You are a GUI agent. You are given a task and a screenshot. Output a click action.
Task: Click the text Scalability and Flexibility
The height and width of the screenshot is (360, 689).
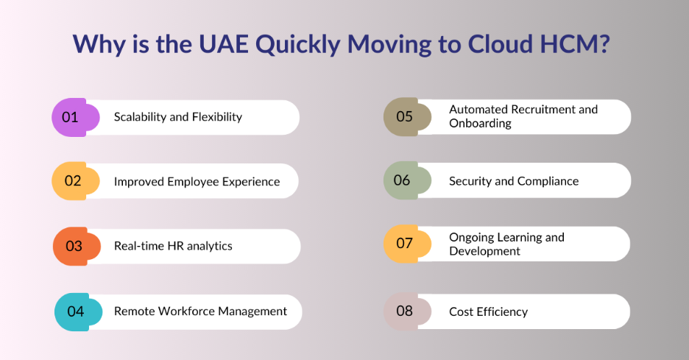point(177,117)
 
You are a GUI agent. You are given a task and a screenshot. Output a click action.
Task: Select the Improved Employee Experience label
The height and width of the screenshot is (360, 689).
point(197,182)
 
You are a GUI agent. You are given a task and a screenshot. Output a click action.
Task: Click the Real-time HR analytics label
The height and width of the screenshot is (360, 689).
point(173,246)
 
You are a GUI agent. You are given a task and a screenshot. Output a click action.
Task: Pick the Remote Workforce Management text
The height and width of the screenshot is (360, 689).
point(200,311)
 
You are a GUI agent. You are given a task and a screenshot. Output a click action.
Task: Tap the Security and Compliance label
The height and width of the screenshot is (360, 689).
point(514,181)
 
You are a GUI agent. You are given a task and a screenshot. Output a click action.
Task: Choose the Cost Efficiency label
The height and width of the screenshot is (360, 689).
point(488,311)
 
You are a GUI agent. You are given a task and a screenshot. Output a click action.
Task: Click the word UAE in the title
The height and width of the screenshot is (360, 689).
point(225,44)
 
